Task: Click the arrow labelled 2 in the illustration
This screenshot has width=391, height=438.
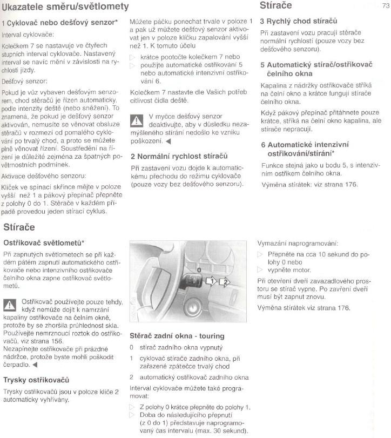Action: [x=225, y=281]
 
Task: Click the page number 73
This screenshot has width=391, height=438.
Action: [x=385, y=6]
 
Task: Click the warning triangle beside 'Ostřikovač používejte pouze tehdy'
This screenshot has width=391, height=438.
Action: [x=10, y=305]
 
